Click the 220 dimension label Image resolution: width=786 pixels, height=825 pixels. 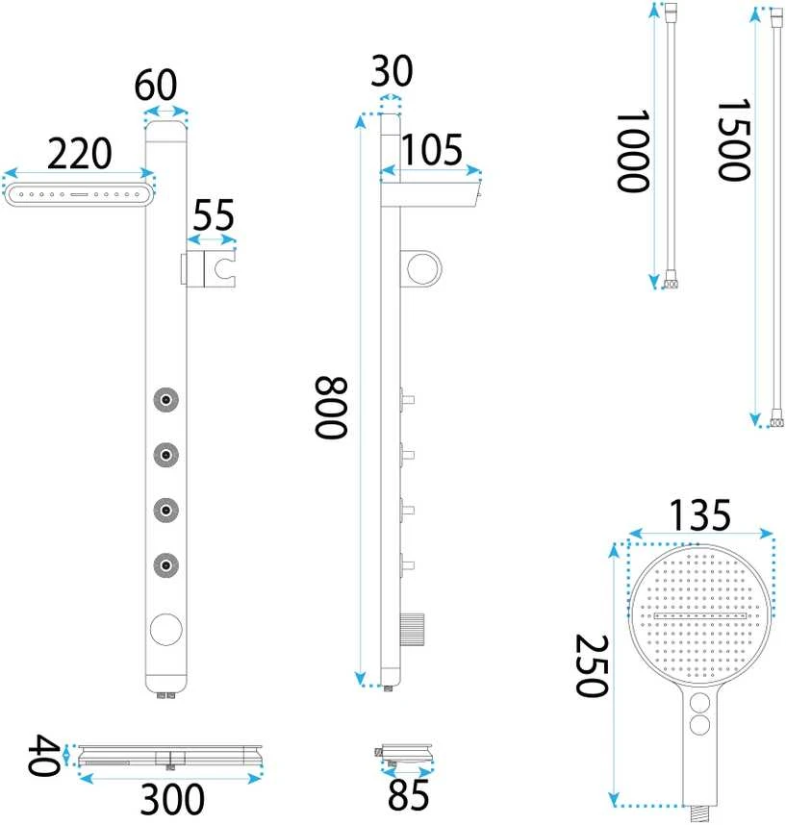[80, 154]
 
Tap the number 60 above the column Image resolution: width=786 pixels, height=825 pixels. [155, 86]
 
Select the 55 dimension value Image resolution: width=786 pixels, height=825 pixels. [214, 214]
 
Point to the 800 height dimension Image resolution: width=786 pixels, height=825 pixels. [331, 408]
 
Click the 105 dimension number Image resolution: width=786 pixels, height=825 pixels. [432, 150]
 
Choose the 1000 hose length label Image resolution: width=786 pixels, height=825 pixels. [632, 152]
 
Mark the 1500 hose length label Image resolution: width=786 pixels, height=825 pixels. [733, 140]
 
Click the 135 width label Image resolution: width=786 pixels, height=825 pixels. [699, 515]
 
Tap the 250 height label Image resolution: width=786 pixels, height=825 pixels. [593, 666]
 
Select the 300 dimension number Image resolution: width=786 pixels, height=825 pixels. [172, 799]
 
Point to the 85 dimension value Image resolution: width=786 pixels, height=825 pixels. [408, 795]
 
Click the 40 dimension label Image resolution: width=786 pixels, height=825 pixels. [43, 756]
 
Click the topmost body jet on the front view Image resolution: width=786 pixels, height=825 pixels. [165, 400]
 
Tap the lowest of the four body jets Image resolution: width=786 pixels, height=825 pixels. [165, 565]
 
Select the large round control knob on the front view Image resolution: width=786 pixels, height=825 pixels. [166, 629]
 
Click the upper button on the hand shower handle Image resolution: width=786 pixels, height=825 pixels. [699, 703]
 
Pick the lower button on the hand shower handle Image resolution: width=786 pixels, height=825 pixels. [699, 726]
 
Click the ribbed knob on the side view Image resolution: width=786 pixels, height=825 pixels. [412, 629]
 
